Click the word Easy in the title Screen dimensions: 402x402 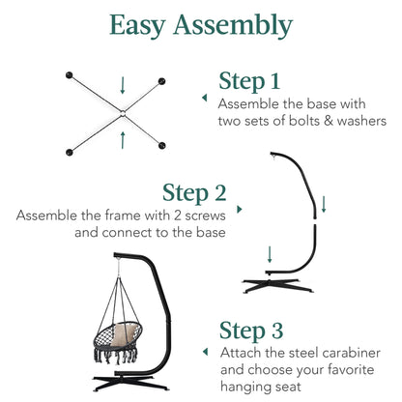[137, 26]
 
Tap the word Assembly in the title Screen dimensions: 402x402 [233, 25]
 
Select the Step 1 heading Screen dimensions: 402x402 [249, 81]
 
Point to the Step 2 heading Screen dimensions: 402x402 [194, 193]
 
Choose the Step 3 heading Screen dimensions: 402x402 [251, 330]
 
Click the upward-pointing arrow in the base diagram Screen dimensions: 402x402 [123, 140]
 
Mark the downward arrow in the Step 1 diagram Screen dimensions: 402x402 [123, 85]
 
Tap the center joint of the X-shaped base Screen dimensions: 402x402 [123, 113]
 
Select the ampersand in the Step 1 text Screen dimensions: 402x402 [329, 121]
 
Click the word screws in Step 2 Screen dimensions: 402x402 [205, 215]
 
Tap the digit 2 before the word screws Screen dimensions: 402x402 [178, 215]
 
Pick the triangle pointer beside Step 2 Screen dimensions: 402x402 [240, 210]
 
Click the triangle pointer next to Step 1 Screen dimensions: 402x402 [205, 98]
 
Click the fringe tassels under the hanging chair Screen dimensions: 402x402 [116, 356]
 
